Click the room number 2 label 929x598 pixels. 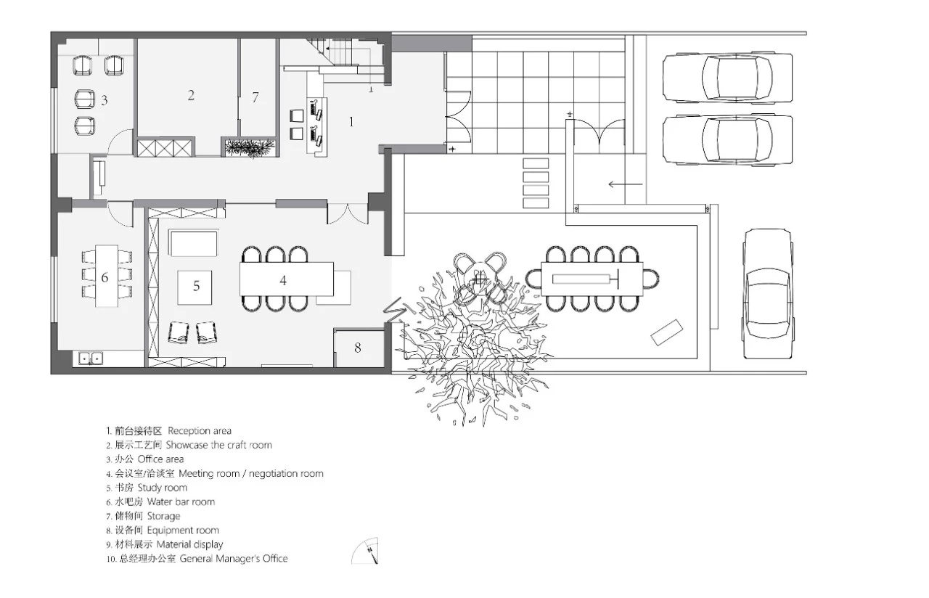point(191,95)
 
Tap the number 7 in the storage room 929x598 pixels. point(255,97)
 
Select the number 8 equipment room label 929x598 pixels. point(358,348)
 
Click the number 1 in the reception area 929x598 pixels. point(351,121)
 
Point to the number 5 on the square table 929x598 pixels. point(196,286)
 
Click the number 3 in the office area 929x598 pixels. point(105,100)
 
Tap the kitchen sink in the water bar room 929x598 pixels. point(91,358)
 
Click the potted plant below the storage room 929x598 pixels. point(250,148)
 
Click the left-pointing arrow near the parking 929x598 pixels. point(626,184)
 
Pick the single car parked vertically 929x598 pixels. point(767,294)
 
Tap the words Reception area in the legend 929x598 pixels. point(200,431)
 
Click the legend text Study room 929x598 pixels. point(162,488)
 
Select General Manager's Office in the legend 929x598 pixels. point(234,559)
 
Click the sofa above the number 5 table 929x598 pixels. point(193,243)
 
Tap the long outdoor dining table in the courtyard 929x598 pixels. point(592,279)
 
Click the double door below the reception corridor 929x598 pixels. point(348,213)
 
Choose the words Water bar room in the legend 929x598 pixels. point(181,501)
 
